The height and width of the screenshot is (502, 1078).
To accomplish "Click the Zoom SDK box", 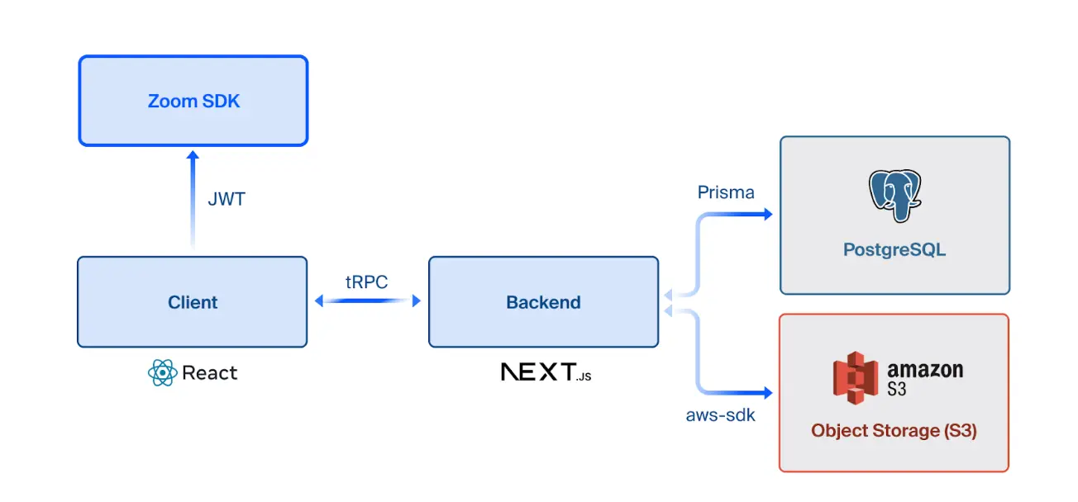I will tap(193, 101).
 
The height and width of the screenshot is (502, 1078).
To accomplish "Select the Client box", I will tap(193, 301).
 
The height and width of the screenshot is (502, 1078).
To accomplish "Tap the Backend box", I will tap(543, 301).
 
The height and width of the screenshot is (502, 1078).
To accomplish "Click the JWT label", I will tap(227, 199).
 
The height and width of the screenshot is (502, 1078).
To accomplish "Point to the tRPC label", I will tap(367, 281).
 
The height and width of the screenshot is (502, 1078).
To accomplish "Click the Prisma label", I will tap(726, 192).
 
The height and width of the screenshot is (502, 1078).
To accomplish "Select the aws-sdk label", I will tap(720, 415).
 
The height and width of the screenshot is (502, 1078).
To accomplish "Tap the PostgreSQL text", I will tap(894, 249).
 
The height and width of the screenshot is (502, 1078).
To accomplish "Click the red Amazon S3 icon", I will tap(854, 377).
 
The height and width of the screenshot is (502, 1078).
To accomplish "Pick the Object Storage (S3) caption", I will tap(894, 430).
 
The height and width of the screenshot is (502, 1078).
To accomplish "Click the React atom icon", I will tap(162, 373).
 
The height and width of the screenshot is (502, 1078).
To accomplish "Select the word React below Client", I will tap(209, 373).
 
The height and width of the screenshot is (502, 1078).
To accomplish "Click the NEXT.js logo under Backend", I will tap(546, 372).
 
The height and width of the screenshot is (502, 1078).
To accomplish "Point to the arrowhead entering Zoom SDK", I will tap(193, 155).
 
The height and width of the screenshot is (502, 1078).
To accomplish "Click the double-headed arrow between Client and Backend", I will tap(368, 301).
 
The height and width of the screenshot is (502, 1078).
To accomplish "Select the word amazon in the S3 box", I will tap(925, 370).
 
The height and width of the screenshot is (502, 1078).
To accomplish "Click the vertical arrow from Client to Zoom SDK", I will tap(193, 202).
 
